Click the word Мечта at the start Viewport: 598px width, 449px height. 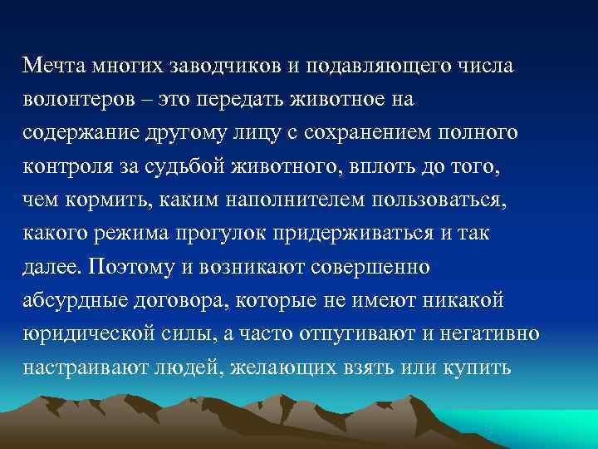[x=51, y=66]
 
